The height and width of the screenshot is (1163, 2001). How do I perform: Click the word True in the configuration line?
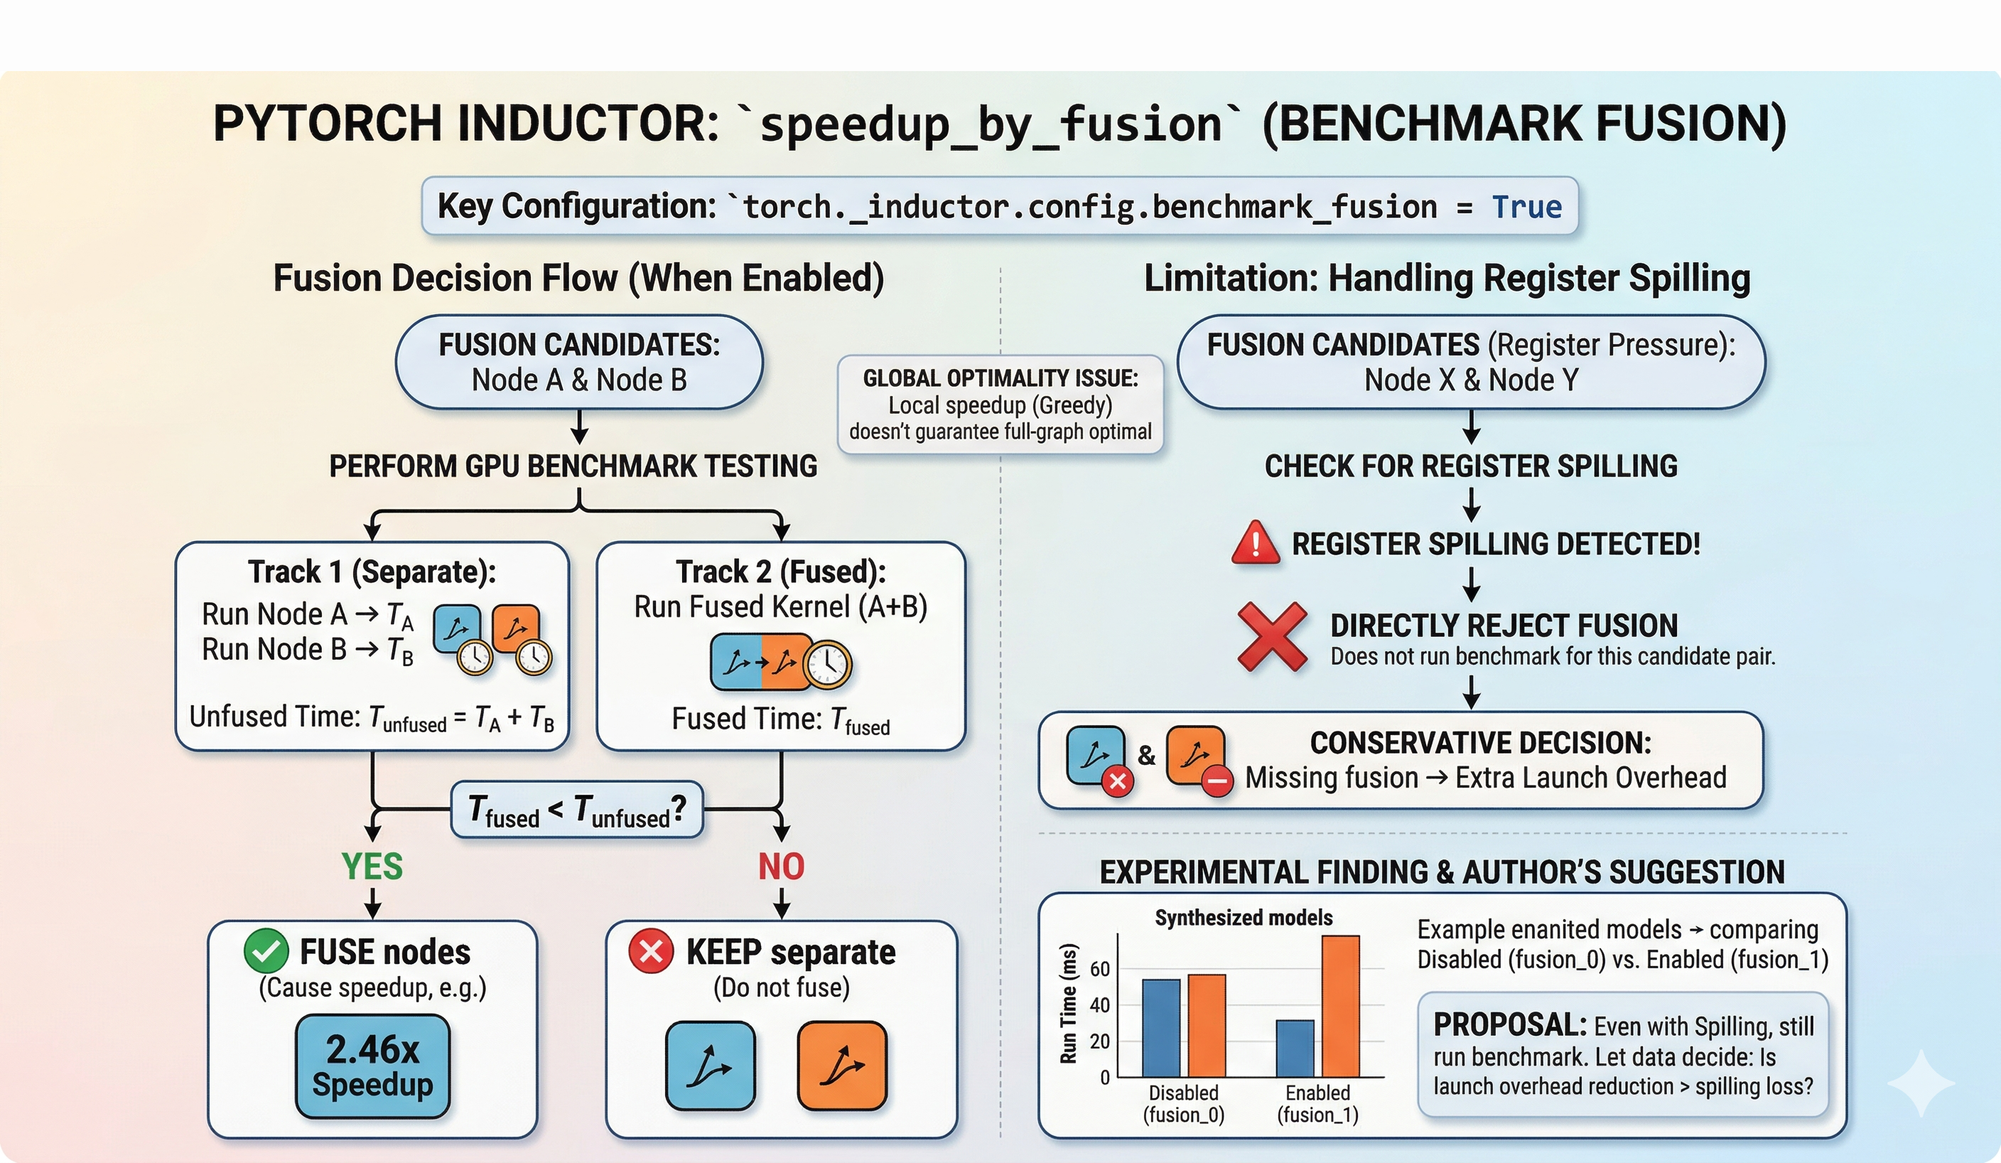click(1526, 207)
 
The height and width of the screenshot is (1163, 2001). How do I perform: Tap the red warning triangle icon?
click(1255, 542)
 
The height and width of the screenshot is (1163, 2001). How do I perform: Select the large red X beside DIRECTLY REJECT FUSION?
click(1272, 636)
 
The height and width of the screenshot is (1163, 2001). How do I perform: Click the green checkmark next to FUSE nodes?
click(266, 950)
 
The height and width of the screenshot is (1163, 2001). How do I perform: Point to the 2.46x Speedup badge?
click(372, 1066)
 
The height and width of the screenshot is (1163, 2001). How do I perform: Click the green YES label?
click(372, 866)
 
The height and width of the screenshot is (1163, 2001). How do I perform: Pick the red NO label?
click(782, 866)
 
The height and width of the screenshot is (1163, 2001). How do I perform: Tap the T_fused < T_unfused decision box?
click(577, 810)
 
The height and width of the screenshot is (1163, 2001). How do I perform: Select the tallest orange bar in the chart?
click(1340, 1006)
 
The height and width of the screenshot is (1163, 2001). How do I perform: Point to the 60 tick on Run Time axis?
click(1100, 968)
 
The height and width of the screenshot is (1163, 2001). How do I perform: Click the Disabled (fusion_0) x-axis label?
click(1183, 1103)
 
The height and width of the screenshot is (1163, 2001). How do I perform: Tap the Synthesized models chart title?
click(1244, 918)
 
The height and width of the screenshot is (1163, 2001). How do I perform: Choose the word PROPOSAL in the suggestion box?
click(1509, 1025)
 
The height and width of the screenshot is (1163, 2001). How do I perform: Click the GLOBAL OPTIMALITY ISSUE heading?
click(1000, 378)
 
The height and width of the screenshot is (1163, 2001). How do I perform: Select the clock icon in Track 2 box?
click(826, 663)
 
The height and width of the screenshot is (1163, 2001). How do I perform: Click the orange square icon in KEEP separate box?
click(842, 1066)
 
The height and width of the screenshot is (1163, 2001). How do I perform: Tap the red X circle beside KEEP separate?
click(651, 950)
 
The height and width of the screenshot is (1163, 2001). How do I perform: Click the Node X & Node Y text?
click(1471, 380)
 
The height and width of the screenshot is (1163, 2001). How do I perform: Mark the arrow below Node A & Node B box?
click(580, 427)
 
